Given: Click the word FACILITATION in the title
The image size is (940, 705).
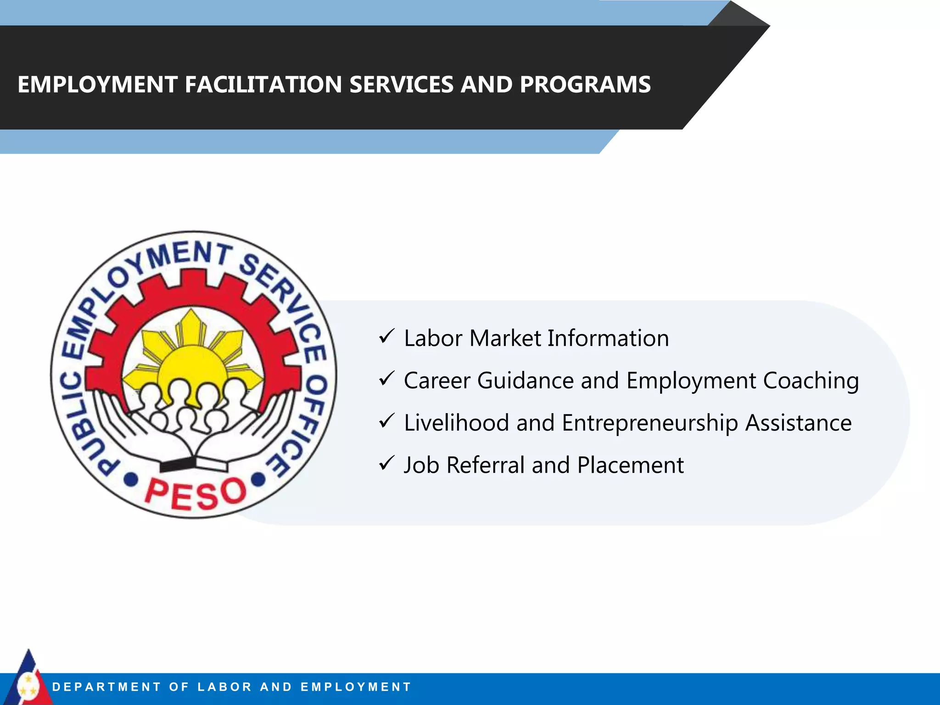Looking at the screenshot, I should [263, 85].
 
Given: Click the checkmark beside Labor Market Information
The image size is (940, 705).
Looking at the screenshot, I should [386, 337].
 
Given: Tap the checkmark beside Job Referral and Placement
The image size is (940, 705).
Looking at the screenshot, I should [386, 464].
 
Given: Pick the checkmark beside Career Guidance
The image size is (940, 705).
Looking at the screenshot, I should [386, 379].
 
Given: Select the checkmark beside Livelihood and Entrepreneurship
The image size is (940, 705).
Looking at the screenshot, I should [386, 421].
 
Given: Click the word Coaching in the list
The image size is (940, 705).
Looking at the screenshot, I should [811, 381].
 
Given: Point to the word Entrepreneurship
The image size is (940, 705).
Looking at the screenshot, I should [649, 423].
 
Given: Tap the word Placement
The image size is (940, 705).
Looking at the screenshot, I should [630, 465].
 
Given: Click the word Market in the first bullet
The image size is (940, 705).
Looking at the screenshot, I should [505, 339].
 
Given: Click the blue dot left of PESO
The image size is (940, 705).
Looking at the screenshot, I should [131, 480].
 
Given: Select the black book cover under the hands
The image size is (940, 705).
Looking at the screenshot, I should [177, 464].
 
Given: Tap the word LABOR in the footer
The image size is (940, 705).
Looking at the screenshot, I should [224, 687].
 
